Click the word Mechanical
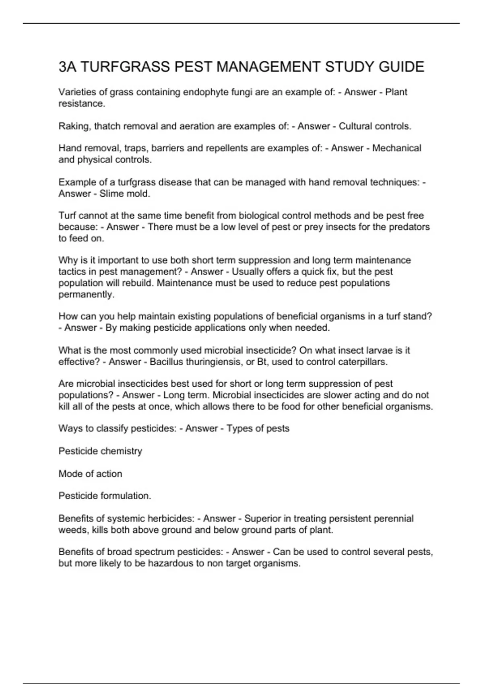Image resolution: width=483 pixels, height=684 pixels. [x=396, y=148]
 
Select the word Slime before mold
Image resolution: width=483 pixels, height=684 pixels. [x=109, y=194]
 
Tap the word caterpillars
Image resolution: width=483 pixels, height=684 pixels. [x=362, y=362]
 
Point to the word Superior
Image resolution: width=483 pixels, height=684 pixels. [x=262, y=519]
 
